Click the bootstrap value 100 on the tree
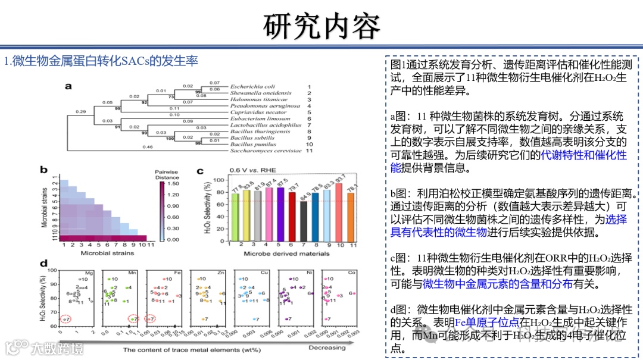tap(170, 138)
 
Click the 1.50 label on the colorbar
tap(174, 184)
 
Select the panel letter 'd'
tap(43, 264)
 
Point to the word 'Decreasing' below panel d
tap(327, 348)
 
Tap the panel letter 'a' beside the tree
tap(68, 86)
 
